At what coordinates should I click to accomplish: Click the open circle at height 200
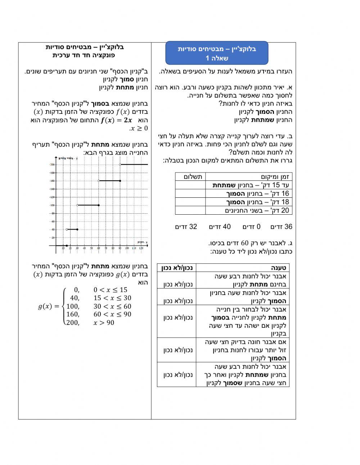[120, 165]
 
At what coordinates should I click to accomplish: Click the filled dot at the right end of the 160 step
[120, 181]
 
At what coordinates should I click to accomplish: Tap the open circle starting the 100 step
[77, 205]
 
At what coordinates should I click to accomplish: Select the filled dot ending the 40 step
[77, 229]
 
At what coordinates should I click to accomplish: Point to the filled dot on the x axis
[67, 246]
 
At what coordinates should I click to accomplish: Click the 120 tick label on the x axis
[141, 248]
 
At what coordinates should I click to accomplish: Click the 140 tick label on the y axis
[52, 189]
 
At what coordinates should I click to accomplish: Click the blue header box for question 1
[217, 53]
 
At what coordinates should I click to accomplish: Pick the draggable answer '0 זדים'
[251, 227]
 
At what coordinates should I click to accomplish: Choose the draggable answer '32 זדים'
[186, 227]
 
